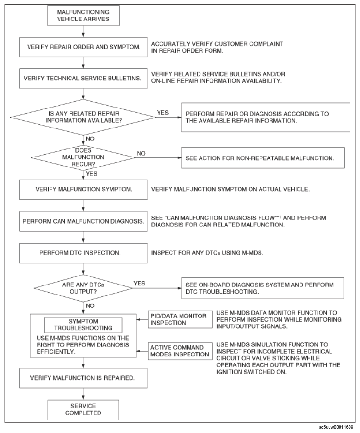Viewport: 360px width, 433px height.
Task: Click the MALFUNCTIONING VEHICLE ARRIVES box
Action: [83, 15]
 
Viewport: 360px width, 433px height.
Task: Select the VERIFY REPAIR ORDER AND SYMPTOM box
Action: [83, 47]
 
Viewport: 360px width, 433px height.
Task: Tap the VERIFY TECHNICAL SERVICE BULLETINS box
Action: [83, 79]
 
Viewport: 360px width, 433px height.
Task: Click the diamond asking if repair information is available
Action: [83, 117]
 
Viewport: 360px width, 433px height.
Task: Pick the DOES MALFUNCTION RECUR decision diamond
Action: [83, 157]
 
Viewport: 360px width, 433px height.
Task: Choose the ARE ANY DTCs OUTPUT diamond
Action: [83, 288]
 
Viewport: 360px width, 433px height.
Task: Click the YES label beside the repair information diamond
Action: [163, 113]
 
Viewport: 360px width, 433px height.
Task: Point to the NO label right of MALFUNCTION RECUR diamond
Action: [141, 154]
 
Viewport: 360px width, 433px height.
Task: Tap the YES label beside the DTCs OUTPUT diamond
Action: [140, 284]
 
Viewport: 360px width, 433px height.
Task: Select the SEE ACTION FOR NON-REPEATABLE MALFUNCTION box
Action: [263, 158]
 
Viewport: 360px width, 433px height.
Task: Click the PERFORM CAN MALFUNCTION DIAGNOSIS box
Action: [83, 221]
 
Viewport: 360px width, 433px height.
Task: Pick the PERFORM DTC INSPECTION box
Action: [83, 253]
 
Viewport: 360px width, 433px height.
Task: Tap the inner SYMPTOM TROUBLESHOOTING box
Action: [83, 325]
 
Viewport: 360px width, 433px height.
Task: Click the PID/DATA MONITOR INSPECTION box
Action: [180, 319]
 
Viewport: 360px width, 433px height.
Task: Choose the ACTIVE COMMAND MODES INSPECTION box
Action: [180, 351]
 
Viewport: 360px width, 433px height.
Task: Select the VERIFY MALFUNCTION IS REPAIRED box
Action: [83, 378]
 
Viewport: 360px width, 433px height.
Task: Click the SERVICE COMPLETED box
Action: [83, 410]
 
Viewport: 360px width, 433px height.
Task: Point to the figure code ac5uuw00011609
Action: [336, 427]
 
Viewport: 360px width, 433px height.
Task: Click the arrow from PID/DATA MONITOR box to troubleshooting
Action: [142, 319]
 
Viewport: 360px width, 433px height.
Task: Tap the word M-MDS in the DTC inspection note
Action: [252, 253]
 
